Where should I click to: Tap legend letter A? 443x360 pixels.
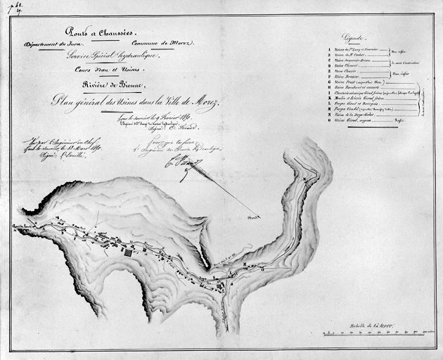point(329,49)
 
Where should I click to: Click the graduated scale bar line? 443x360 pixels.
point(370,331)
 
